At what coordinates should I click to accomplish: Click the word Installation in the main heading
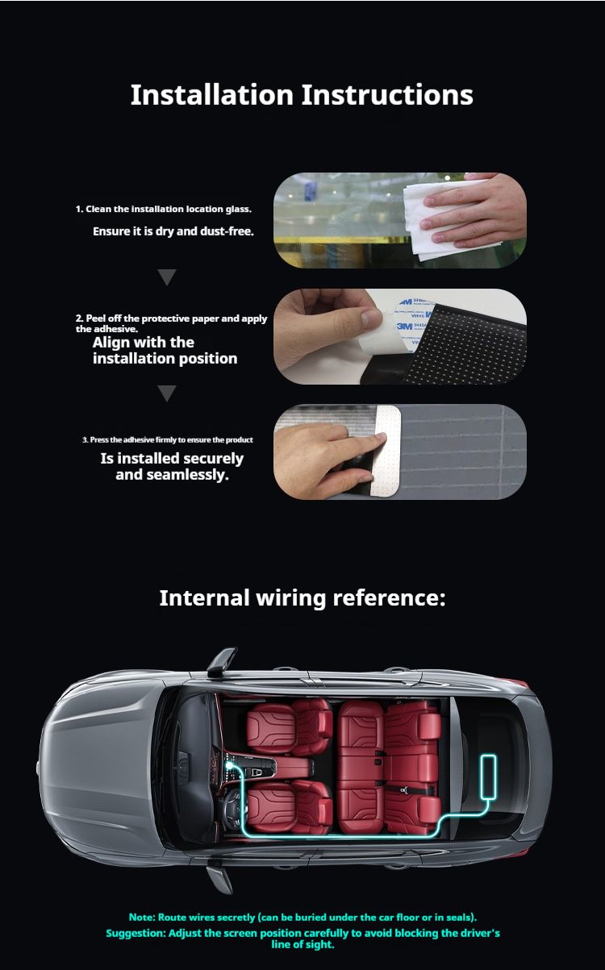[212, 95]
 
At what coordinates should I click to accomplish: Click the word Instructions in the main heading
[387, 95]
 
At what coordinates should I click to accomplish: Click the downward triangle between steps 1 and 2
[167, 277]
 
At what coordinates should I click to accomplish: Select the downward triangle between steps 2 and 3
[167, 393]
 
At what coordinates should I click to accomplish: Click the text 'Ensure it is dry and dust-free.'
[173, 231]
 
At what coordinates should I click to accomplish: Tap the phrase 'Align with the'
[144, 343]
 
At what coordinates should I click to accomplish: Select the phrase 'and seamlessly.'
[172, 475]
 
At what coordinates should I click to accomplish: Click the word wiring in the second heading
[290, 598]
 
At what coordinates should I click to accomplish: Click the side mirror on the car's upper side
[221, 662]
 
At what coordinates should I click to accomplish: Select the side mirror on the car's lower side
[219, 878]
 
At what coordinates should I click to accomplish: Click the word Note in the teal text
[141, 917]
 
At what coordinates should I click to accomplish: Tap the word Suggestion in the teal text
[136, 933]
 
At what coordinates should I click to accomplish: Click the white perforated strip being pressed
[386, 451]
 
